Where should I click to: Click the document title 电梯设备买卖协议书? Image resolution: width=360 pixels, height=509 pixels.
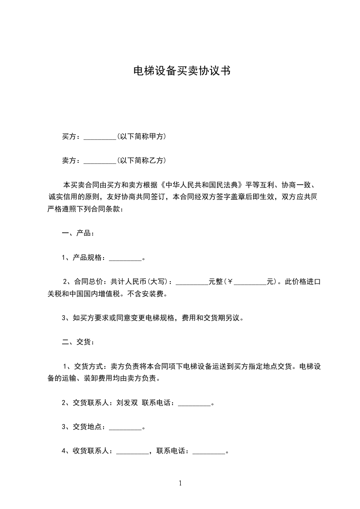pyautogui.click(x=180, y=71)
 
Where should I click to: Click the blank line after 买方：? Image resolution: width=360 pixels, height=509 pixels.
pyautogui.click(x=100, y=137)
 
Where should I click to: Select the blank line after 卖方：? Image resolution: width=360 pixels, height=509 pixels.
pyautogui.click(x=100, y=161)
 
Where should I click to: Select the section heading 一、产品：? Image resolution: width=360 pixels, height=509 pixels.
pyautogui.click(x=78, y=234)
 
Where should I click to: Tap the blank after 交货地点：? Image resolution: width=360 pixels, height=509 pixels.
pyautogui.click(x=126, y=428)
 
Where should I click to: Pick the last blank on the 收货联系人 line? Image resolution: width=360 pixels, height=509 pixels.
pyautogui.click(x=209, y=452)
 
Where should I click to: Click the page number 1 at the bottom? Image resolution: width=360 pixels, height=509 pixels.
pyautogui.click(x=180, y=483)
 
